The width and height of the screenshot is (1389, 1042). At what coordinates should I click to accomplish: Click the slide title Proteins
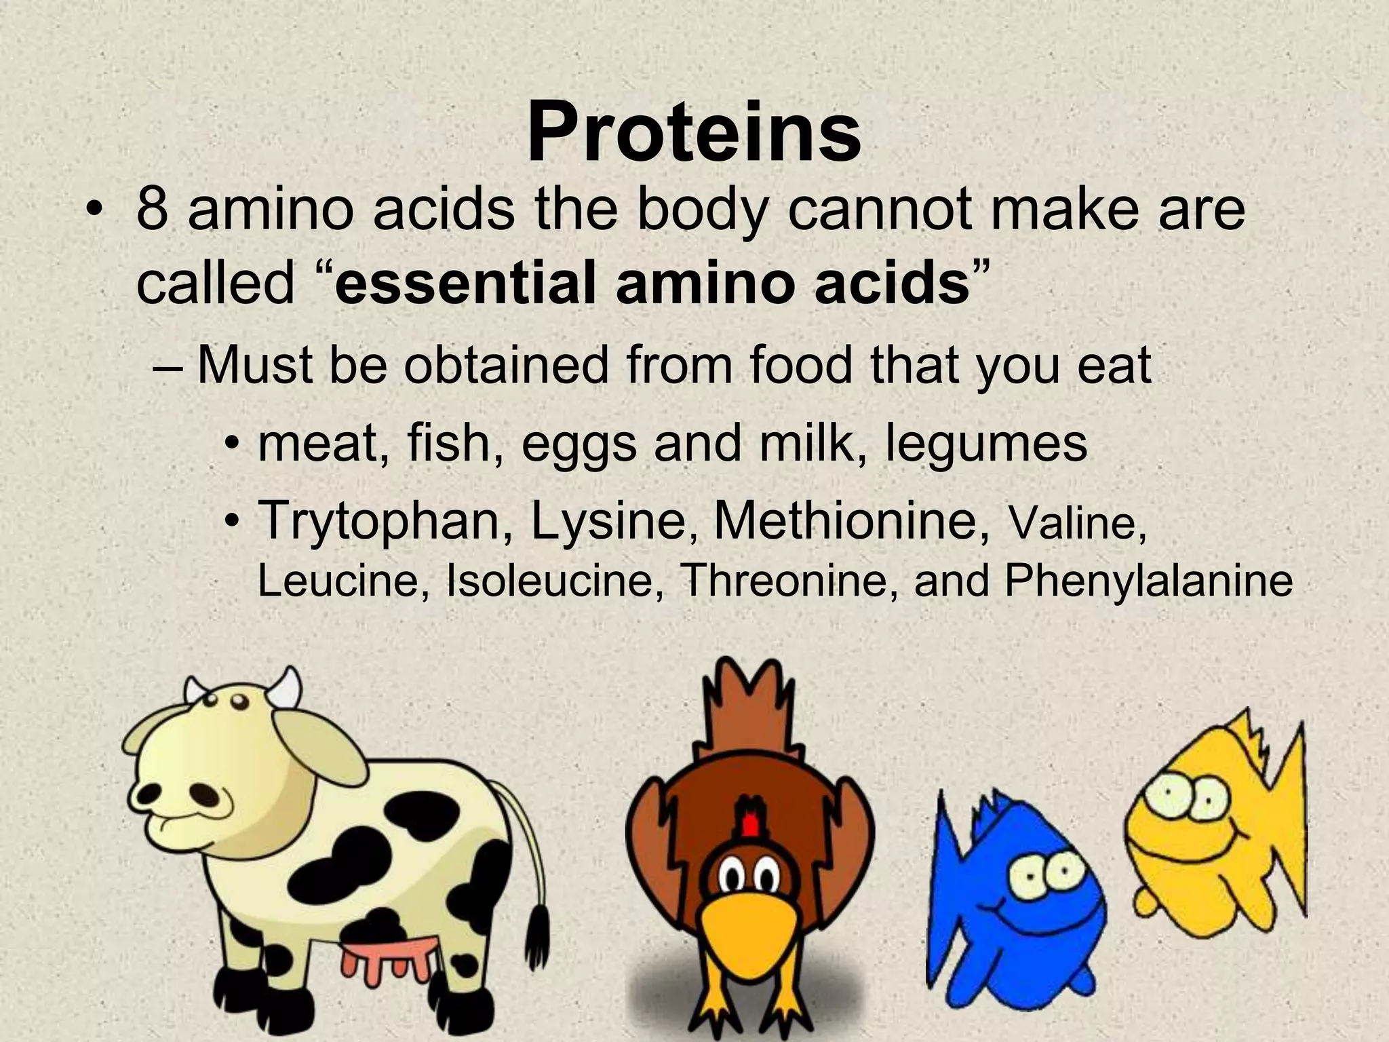694,132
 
